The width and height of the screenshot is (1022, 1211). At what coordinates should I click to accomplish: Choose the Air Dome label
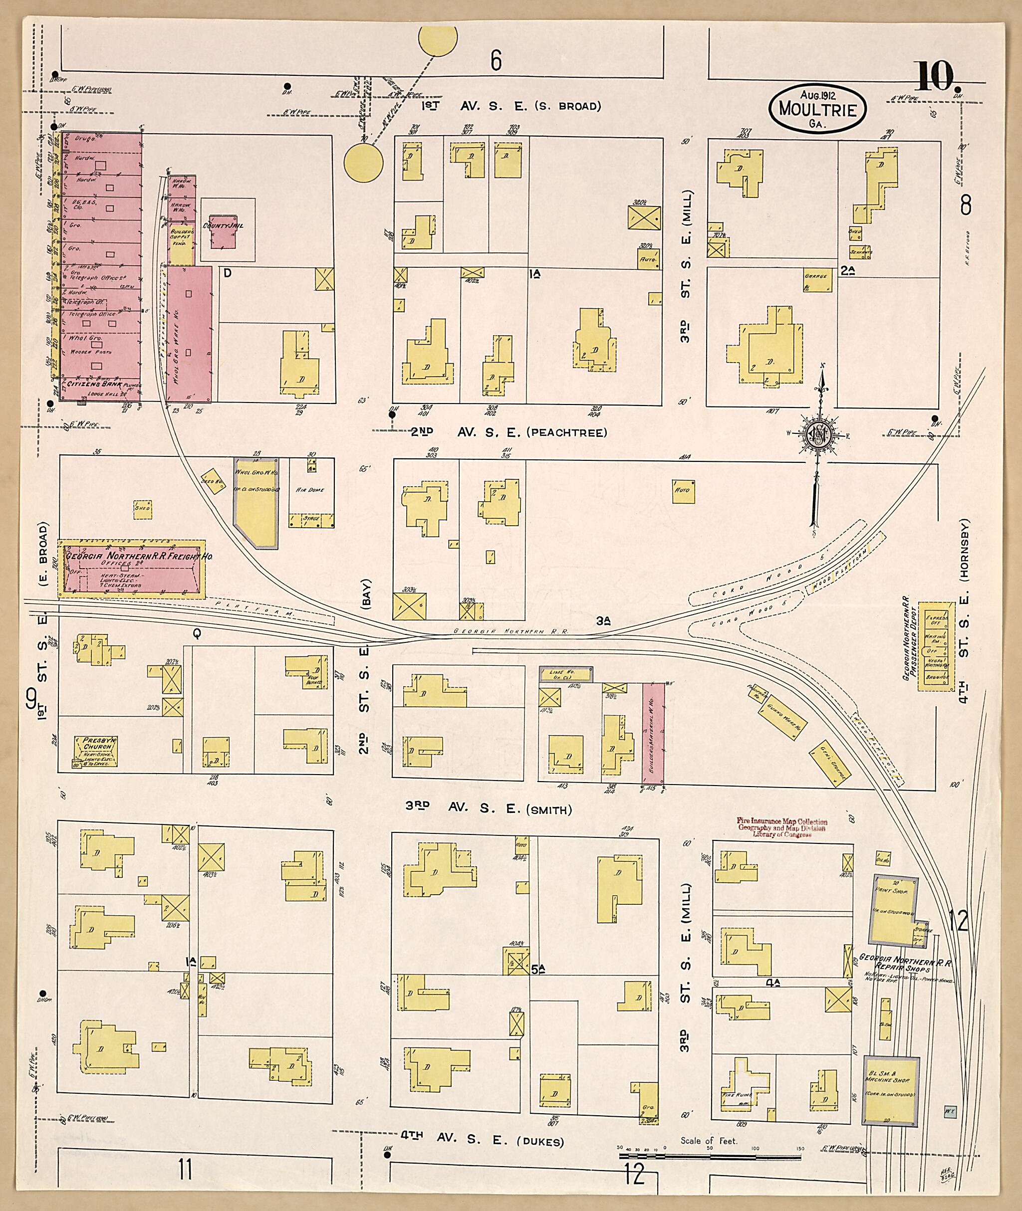(x=309, y=489)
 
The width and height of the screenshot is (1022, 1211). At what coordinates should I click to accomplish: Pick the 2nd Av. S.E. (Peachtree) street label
(x=508, y=432)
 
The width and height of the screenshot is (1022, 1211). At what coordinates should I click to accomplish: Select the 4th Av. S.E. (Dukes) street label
(x=482, y=1142)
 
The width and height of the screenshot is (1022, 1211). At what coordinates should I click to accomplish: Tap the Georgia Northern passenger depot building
(x=936, y=646)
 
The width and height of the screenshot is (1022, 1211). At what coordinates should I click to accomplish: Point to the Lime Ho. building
(x=565, y=673)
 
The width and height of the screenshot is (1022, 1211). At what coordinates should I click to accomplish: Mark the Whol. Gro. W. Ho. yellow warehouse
(x=256, y=502)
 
